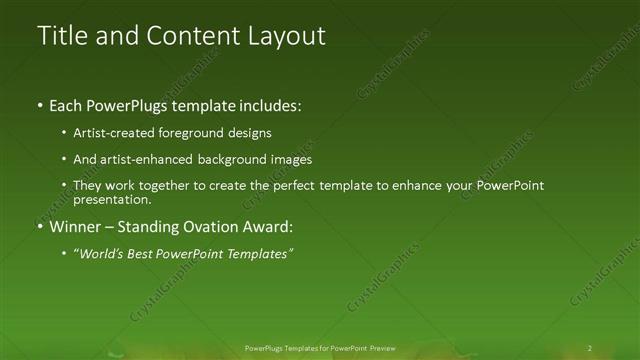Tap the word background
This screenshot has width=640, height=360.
(x=238, y=160)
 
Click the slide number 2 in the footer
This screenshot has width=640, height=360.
(x=589, y=348)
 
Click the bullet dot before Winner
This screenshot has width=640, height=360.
(x=41, y=228)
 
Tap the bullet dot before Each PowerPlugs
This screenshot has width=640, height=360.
(x=41, y=106)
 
